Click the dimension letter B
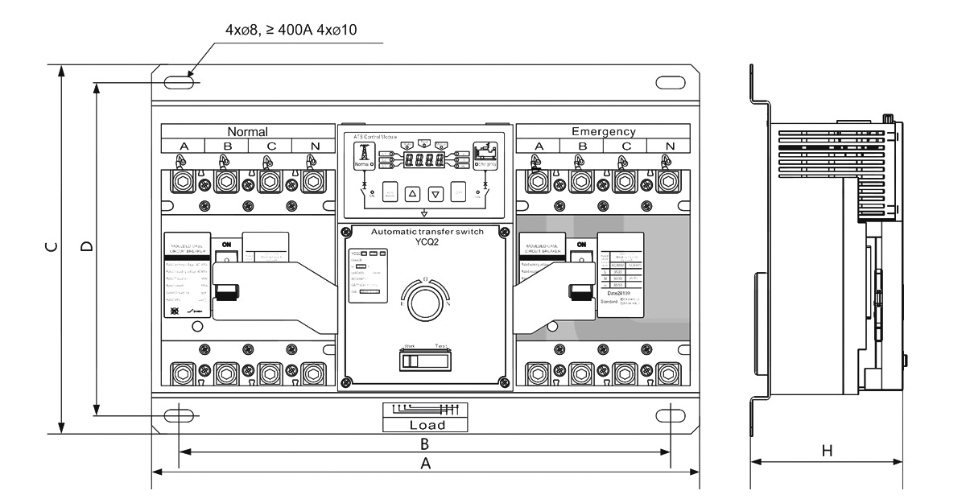[x=423, y=443]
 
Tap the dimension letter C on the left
[x=51, y=249]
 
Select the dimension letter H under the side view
[x=826, y=452]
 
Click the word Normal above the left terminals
[x=247, y=131]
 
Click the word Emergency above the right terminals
[x=603, y=131]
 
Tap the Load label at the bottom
[x=423, y=425]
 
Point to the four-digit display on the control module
[x=424, y=160]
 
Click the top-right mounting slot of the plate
[x=671, y=81]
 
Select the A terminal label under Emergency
[x=539, y=146]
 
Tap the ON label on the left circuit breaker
[x=227, y=244]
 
